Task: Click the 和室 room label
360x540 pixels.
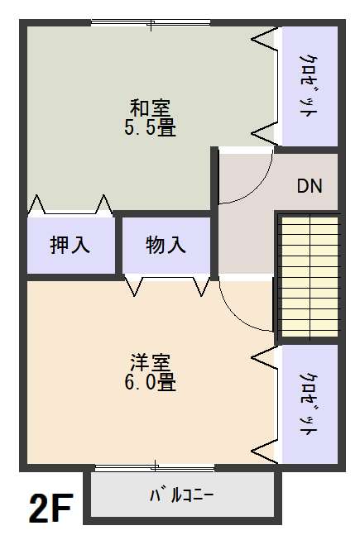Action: point(150,108)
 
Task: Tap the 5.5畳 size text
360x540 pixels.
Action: point(150,127)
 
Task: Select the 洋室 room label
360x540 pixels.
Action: point(150,362)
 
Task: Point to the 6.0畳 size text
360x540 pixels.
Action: point(150,382)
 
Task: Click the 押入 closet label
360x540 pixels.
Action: point(70,246)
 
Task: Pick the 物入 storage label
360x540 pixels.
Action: point(166,246)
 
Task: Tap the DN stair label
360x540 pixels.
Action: point(310,186)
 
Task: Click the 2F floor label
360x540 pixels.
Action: point(51,508)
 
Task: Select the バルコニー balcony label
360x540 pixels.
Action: point(181,495)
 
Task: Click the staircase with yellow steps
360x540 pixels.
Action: point(310,276)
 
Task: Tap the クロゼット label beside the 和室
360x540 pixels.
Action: point(309,86)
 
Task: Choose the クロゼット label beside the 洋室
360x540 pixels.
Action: point(309,405)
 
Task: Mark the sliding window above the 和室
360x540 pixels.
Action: point(151,23)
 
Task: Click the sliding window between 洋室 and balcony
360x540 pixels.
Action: point(155,467)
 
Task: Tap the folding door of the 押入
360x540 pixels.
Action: point(70,208)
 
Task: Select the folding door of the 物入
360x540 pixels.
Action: point(167,284)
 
